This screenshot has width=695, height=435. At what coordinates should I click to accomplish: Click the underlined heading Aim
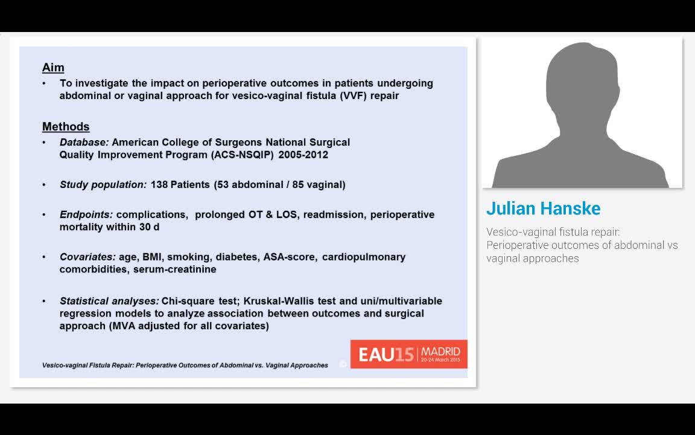click(53, 68)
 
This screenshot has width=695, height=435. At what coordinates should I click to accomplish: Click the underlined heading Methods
click(66, 127)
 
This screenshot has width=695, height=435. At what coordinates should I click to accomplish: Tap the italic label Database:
click(84, 143)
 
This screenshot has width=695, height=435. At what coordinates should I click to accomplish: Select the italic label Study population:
click(103, 185)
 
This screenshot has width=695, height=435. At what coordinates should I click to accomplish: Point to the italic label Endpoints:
click(86, 214)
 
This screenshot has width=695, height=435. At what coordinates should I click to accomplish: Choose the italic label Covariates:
click(87, 257)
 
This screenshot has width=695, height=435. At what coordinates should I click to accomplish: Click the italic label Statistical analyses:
click(109, 301)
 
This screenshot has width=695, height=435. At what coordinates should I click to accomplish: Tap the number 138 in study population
click(159, 185)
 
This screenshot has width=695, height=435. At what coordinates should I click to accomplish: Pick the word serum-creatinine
click(174, 269)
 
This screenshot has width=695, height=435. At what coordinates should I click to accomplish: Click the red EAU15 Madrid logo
click(408, 354)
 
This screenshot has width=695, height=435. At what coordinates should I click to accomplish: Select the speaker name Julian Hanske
click(543, 208)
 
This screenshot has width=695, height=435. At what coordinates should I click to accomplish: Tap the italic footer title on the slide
click(185, 366)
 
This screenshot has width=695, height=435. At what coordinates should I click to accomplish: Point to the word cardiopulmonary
click(364, 257)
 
